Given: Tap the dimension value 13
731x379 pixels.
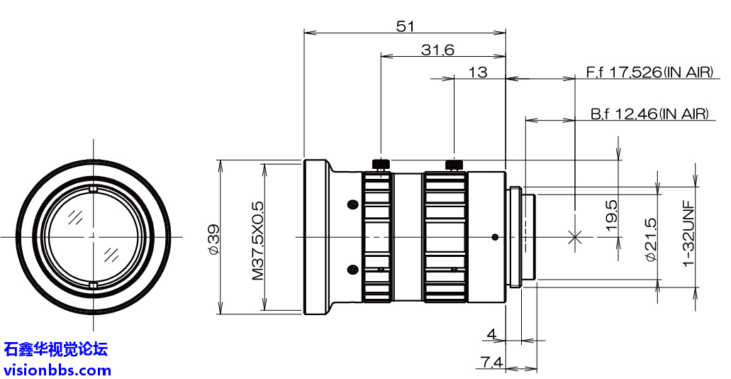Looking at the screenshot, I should tap(478, 72).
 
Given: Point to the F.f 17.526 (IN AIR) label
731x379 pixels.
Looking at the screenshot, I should tap(649, 72).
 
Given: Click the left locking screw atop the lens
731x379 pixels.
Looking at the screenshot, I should tap(381, 165).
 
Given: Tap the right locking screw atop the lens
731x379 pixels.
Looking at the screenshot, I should tap(454, 165).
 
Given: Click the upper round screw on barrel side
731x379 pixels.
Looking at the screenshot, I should tap(352, 205).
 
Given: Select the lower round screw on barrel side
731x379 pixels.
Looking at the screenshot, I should tap(352, 269).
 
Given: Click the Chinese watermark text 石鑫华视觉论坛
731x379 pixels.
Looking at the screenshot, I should tap(56, 349).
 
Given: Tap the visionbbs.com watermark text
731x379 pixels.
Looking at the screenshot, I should tap(57, 369).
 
